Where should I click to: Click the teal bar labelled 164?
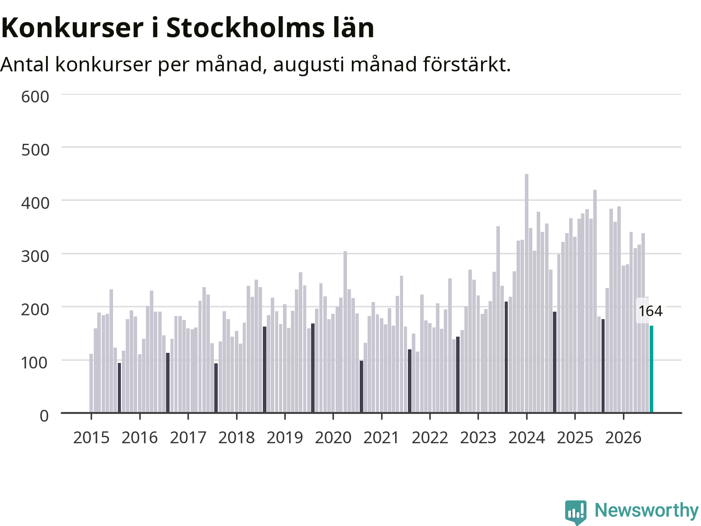[651, 369]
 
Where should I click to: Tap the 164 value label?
[651, 311]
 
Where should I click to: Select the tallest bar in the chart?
[527, 293]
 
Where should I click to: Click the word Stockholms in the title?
[245, 28]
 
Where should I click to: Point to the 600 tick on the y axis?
[35, 96]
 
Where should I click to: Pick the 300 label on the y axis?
[35, 256]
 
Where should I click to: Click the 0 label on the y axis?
[44, 416]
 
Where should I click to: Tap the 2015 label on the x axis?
[91, 437]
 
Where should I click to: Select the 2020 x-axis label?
[333, 437]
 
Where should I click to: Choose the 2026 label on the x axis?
[623, 437]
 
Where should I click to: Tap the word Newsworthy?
[647, 510]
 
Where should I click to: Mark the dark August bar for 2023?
[506, 357]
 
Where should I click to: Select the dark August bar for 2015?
[120, 388]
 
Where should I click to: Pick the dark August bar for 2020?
[361, 387]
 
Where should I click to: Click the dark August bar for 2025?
[603, 366]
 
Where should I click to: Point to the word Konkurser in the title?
[72, 28]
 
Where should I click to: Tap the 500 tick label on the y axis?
[35, 150]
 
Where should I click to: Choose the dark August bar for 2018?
[265, 370]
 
